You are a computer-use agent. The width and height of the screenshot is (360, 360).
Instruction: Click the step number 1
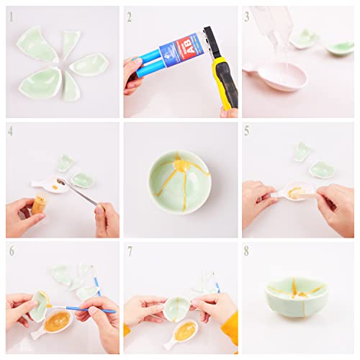pyautogui.click(x=11, y=15)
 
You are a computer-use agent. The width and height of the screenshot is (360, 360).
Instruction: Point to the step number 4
pyautogui.click(x=11, y=132)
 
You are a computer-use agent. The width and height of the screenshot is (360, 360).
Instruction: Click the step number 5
pyautogui.click(x=247, y=132)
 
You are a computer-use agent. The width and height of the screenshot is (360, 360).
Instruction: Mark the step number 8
pyautogui.click(x=247, y=250)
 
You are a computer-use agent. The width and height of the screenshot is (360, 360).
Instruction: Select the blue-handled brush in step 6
pyautogui.click(x=90, y=309)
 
